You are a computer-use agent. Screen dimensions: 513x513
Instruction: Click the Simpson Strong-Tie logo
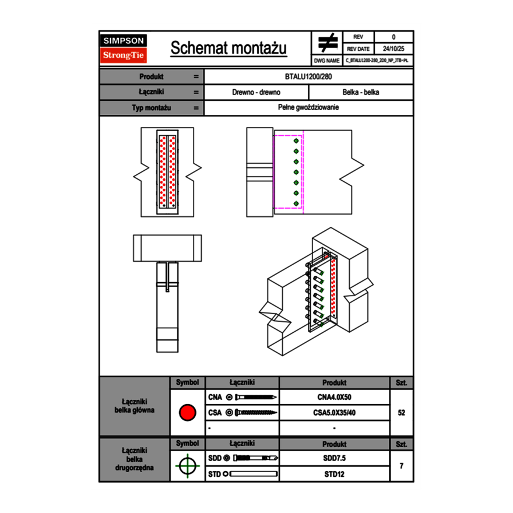124,48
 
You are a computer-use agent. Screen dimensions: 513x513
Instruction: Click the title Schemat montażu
229,48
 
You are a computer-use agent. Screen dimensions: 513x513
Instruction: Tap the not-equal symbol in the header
328,43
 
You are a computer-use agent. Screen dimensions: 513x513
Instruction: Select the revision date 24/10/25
393,49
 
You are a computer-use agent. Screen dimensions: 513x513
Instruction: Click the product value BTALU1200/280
308,76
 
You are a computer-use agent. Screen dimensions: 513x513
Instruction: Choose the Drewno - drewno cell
256,92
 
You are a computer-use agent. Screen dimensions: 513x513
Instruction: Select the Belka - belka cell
361,92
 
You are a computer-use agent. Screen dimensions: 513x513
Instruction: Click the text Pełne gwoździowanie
308,108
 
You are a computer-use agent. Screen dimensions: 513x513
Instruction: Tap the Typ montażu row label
152,108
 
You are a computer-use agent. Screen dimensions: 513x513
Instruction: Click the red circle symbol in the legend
187,413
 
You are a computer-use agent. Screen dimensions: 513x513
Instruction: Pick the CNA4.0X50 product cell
334,397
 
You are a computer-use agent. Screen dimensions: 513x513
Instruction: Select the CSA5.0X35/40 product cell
334,413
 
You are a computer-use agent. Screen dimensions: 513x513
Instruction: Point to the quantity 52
401,413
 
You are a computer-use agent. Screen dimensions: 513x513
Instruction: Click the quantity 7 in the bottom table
401,466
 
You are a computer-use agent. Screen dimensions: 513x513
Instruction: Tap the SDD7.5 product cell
334,458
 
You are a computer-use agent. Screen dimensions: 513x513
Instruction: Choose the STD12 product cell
334,474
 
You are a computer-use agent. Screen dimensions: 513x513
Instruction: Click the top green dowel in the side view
296,140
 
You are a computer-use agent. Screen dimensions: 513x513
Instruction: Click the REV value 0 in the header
393,37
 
